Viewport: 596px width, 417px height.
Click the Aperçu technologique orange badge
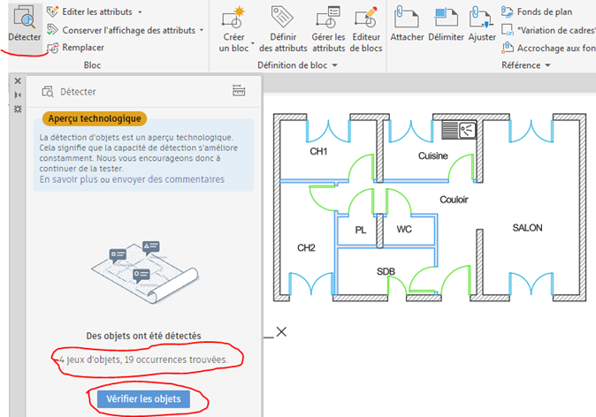(93, 118)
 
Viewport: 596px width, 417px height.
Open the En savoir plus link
(69, 179)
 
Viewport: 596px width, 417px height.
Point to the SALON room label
(527, 228)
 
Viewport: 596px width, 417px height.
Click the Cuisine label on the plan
(433, 156)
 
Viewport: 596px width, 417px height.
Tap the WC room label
(404, 230)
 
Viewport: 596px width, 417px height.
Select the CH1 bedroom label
(318, 152)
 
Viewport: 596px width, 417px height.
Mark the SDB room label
(386, 271)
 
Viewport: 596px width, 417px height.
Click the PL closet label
(361, 230)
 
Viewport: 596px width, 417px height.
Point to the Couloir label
(455, 200)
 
